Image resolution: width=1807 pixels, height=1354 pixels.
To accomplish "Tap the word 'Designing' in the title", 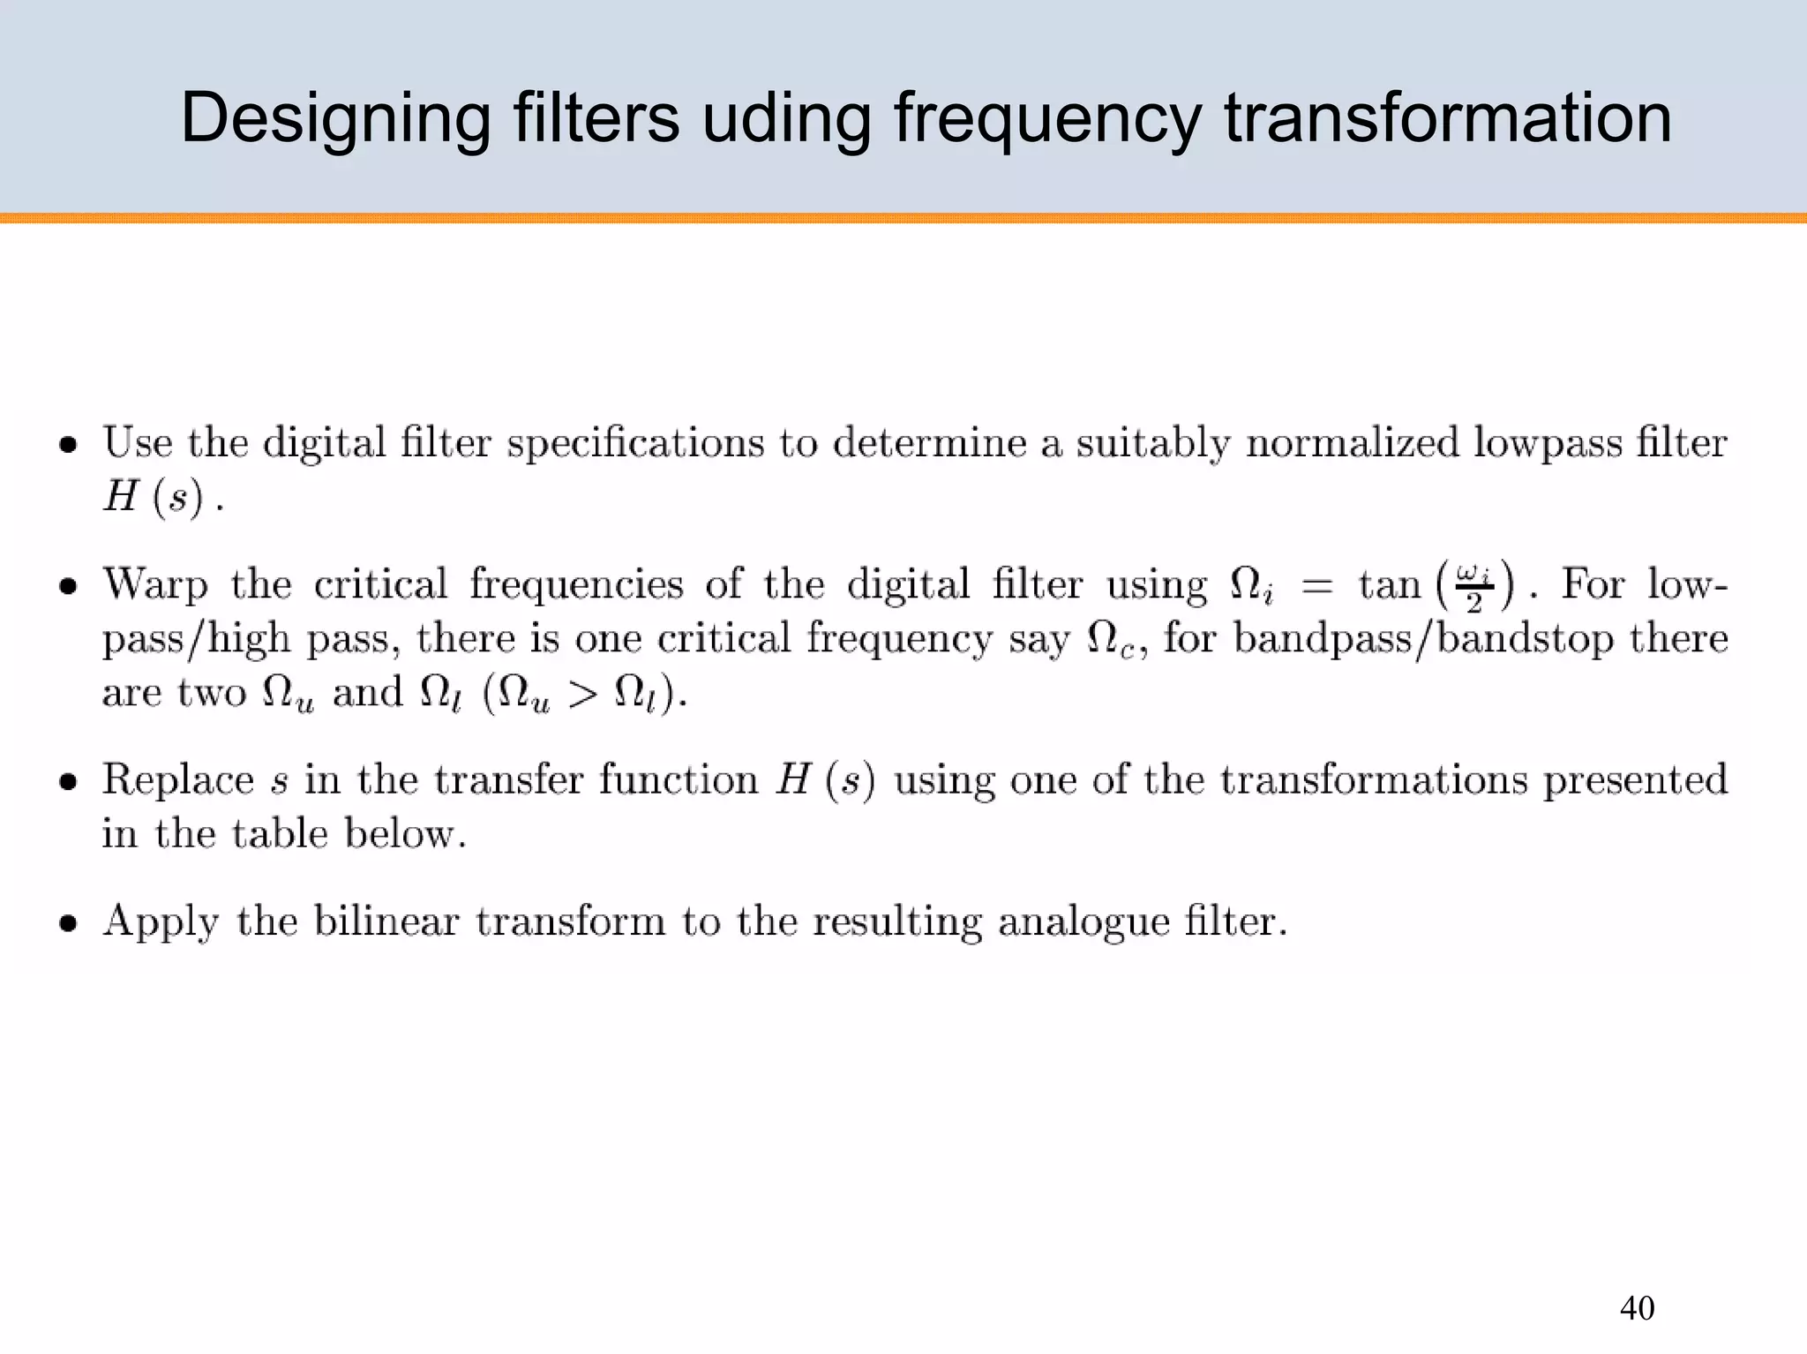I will click(335, 119).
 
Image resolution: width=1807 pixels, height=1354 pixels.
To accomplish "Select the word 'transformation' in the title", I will click(1447, 119).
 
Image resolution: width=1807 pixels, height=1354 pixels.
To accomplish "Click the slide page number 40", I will click(1637, 1308).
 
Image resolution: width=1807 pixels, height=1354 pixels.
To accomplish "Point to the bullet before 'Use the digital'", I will click(68, 445).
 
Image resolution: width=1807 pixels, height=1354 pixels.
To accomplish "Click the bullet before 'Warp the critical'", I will click(68, 586).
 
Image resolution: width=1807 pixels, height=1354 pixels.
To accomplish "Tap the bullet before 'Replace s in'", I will click(68, 781).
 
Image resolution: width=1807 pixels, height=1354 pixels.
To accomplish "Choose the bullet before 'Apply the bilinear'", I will click(68, 923).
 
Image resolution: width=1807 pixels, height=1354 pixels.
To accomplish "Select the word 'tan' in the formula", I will click(1389, 585).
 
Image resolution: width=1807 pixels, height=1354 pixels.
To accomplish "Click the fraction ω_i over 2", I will click(1474, 588).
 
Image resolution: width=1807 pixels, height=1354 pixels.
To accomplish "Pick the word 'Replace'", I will click(178, 779).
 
